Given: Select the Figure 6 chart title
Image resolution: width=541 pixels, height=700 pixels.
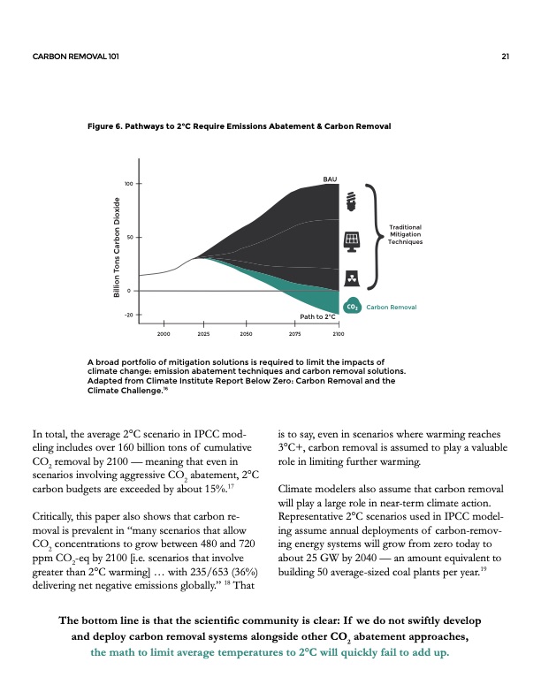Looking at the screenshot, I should (239, 126).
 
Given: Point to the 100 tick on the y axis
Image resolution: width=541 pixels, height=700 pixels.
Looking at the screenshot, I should (128, 184).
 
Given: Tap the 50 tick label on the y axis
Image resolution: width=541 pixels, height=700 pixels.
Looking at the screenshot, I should (130, 238).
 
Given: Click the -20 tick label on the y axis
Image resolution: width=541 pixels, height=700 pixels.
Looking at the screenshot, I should (129, 314).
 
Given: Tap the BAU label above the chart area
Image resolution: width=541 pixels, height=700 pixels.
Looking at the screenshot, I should (330, 179).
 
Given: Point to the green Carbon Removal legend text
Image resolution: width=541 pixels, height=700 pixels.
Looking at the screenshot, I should (393, 307).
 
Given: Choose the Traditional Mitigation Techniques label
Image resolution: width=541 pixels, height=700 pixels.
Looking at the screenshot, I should (406, 233).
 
